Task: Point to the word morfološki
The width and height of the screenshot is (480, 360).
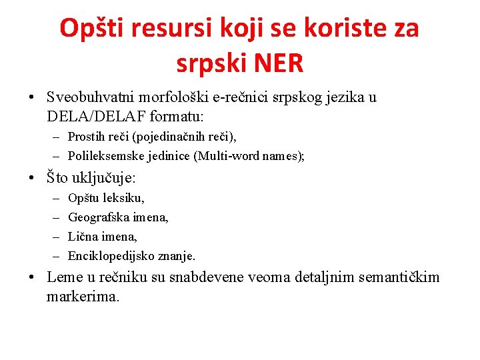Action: (x=179, y=97)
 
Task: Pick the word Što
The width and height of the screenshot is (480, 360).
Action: (x=59, y=178)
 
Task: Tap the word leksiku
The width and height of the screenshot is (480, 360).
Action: (x=123, y=198)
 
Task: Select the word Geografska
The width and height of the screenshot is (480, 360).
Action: (x=99, y=217)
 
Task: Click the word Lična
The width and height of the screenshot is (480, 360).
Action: (x=83, y=237)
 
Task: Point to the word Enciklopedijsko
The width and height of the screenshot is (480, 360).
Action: (x=109, y=256)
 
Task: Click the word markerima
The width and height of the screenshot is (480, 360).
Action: (x=83, y=296)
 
